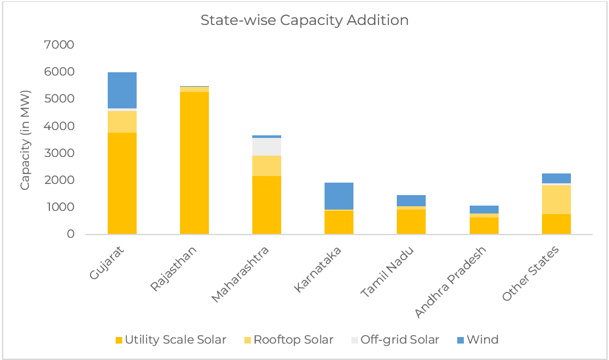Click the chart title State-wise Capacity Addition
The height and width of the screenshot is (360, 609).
tap(304, 20)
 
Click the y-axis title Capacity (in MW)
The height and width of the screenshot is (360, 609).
tap(25, 139)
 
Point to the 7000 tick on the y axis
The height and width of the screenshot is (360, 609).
tap(59, 45)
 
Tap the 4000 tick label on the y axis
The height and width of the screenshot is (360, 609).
tap(59, 126)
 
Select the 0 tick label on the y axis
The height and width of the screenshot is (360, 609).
tap(70, 234)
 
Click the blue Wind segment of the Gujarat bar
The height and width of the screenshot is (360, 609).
tap(122, 90)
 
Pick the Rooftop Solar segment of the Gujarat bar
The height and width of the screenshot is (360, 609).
tap(122, 122)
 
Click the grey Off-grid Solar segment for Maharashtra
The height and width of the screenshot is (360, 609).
tap(267, 146)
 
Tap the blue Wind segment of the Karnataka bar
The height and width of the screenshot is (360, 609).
tap(339, 196)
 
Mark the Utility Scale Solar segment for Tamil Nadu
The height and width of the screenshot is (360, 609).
tap(411, 221)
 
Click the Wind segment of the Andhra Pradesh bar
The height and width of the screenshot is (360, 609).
tap(484, 210)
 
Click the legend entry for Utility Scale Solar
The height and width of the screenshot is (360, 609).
tap(171, 340)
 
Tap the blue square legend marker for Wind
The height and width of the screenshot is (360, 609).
tap(460, 340)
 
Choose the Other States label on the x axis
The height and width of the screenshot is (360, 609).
tap(531, 273)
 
